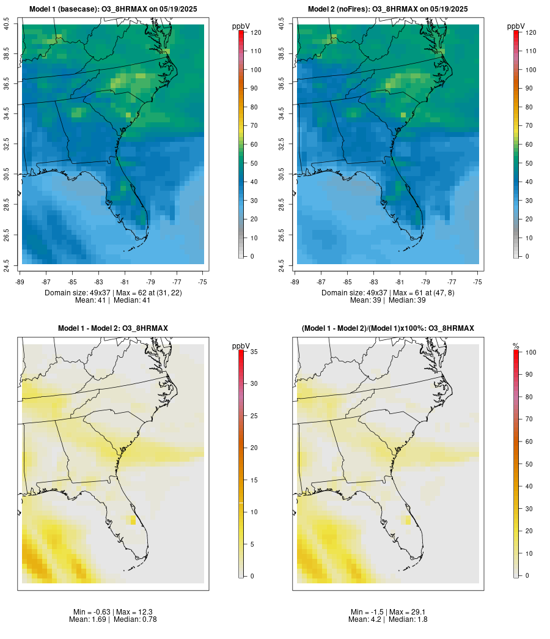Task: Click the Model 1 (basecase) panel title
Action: click(113, 9)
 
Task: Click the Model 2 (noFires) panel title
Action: click(388, 9)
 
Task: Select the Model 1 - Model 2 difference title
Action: click(113, 328)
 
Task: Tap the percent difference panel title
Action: click(388, 328)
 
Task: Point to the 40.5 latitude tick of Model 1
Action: click(7, 24)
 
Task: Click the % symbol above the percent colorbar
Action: click(516, 346)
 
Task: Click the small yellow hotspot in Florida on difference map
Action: click(133, 520)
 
